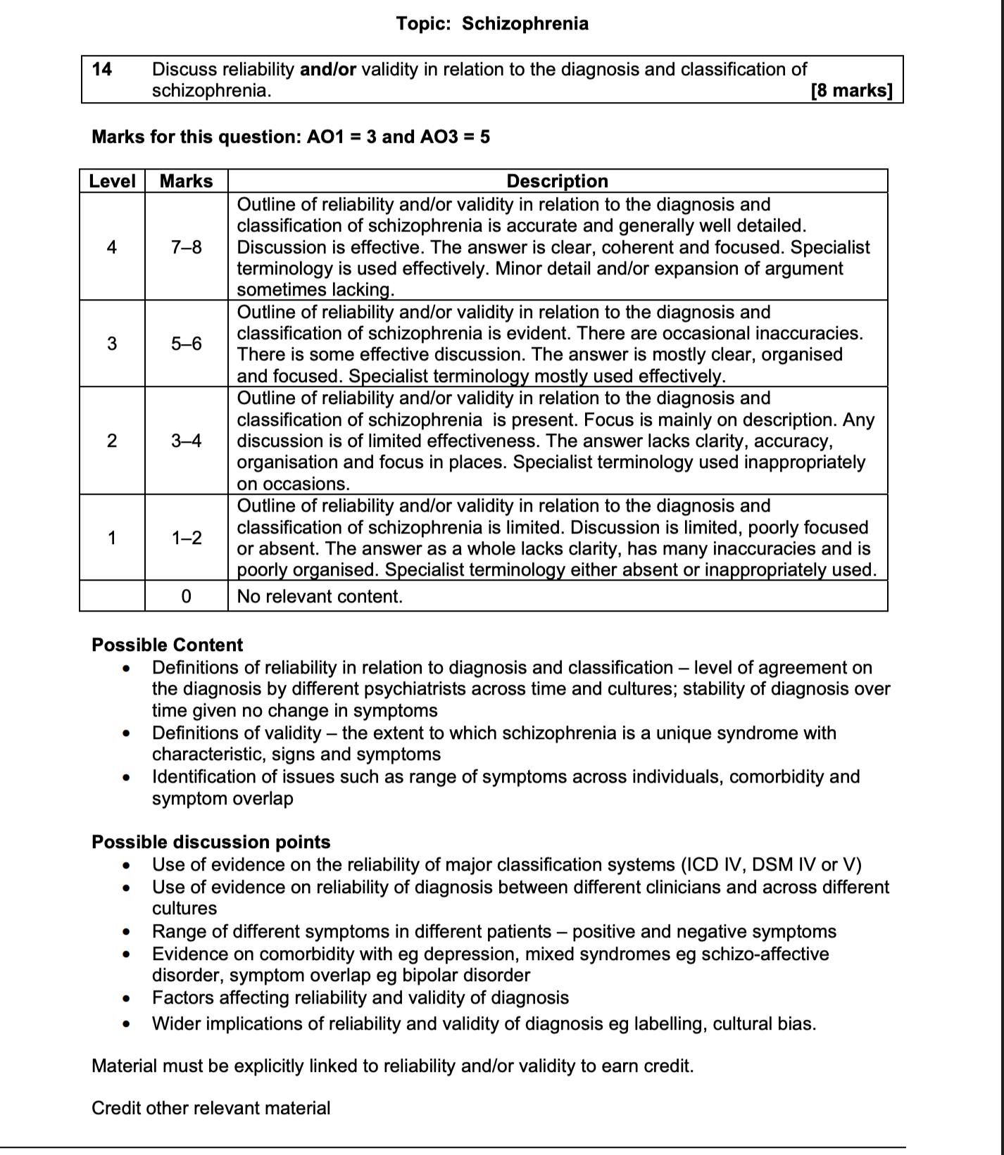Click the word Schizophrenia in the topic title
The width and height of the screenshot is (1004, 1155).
(525, 24)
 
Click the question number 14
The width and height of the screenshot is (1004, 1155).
(102, 69)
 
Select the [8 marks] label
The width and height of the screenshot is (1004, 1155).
(851, 91)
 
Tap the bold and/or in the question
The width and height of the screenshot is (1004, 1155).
(328, 69)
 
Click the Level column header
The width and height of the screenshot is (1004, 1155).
(112, 181)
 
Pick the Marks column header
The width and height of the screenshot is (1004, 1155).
(186, 181)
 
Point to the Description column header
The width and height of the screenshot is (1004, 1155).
(557, 181)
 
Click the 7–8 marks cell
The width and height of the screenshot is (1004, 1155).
(186, 247)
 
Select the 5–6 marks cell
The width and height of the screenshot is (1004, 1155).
(186, 343)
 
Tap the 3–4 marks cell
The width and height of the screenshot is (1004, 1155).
(186, 441)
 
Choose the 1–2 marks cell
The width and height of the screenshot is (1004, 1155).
(186, 538)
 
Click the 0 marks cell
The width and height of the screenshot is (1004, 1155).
(186, 596)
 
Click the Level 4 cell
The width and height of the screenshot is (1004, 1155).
(112, 247)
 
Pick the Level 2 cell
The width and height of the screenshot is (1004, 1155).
(112, 441)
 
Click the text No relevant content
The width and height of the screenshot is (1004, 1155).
(320, 596)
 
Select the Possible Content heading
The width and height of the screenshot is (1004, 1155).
(167, 645)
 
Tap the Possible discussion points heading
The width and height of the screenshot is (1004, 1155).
(211, 842)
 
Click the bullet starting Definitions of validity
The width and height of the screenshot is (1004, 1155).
(493, 733)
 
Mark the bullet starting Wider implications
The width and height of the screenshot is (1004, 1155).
(484, 1023)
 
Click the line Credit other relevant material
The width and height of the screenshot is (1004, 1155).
(211, 1108)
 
